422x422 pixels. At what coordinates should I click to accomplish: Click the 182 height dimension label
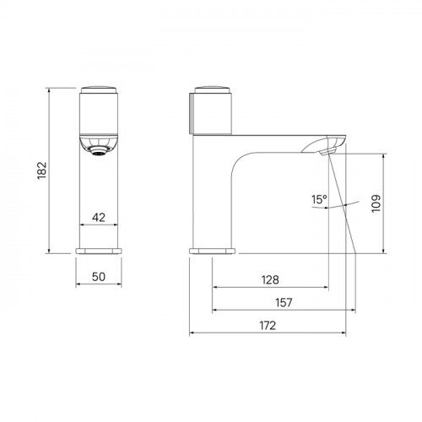pos(42,170)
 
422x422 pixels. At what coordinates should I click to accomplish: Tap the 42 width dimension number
pos(99,217)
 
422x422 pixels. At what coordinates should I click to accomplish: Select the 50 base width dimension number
pos(99,277)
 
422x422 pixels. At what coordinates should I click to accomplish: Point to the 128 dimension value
pos(270,280)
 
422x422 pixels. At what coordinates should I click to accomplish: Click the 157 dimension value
pos(284,303)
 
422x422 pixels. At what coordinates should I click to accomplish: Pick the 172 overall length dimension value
pos(268,326)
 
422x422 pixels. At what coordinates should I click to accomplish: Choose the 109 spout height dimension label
pos(376,203)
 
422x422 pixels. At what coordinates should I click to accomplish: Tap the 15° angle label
pos(319,199)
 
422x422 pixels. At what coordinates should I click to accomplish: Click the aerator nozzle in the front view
pos(99,152)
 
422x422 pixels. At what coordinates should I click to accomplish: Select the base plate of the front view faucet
pos(99,251)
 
